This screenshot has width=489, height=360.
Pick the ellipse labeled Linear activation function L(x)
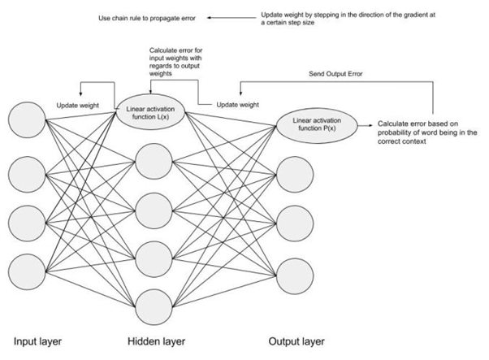[x=153, y=110]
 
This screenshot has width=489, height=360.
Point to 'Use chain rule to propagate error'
[x=140, y=17]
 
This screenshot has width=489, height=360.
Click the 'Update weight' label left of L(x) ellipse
[x=78, y=105]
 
